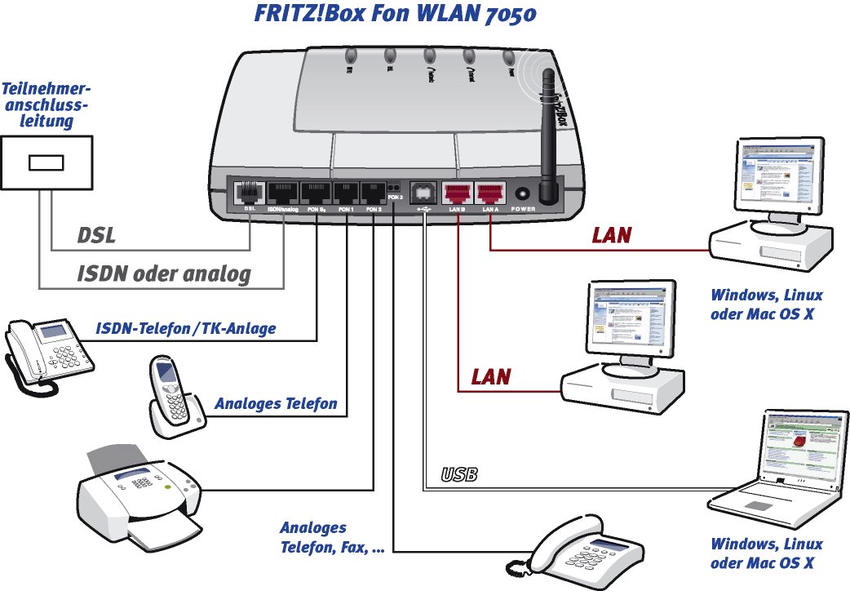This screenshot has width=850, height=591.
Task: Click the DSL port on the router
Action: (246, 193)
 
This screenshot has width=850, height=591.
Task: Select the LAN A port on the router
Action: (489, 193)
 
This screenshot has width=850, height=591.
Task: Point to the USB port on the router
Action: (423, 193)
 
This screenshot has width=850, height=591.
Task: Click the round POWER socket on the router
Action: (522, 194)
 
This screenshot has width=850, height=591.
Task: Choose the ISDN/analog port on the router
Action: (281, 194)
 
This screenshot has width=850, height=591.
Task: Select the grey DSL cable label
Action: (96, 236)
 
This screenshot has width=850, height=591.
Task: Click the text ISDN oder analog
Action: (164, 274)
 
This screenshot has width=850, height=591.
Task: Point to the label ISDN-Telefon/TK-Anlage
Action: (185, 328)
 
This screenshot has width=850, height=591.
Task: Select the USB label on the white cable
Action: (458, 474)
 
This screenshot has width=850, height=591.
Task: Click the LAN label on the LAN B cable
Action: (491, 376)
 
